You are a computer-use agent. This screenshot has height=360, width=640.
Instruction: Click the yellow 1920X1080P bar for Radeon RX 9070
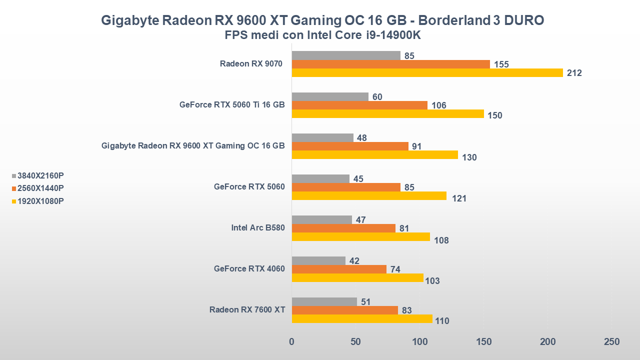coord(427,73)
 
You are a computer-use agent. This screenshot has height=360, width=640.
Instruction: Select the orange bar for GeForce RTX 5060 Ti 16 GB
coord(359,105)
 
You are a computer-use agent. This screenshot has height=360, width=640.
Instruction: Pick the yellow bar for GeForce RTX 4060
coord(357,278)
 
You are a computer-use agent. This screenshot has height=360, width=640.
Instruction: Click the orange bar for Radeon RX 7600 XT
coord(344,310)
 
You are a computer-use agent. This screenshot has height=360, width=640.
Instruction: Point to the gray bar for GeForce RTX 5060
coord(320,178)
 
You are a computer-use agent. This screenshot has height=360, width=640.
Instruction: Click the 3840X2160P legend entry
coord(38,175)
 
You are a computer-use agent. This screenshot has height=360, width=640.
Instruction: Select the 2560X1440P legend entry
coord(38,188)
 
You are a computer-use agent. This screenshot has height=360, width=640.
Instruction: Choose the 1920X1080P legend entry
coord(38,201)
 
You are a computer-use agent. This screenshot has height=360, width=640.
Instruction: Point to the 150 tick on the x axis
coord(483,342)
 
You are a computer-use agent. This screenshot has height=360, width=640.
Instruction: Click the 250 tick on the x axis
coord(611,342)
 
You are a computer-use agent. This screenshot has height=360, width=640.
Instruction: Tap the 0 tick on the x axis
coord(291,342)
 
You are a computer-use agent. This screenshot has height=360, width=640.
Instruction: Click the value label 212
coord(574,73)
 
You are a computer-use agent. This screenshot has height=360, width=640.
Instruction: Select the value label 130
coord(469,157)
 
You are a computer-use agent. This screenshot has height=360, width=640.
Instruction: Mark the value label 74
coord(395,269)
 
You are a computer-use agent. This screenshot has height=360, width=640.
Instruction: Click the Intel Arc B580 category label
coord(257,228)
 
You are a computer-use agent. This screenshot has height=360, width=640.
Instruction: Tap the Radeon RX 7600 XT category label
coord(247,309)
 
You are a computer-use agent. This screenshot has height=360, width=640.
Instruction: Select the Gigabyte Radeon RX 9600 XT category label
coord(193,146)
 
